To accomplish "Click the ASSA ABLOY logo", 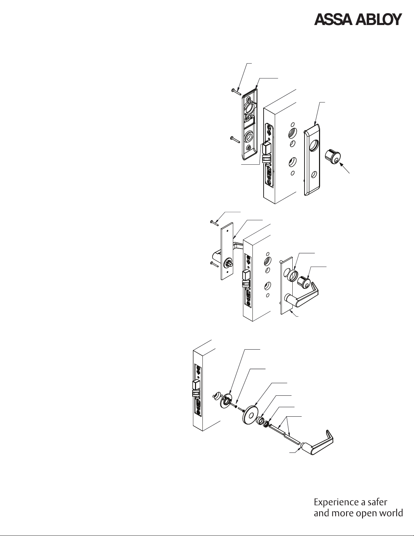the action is (x=358, y=20).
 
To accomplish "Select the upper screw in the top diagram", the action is (x=236, y=92).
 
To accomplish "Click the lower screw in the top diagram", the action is (x=235, y=139).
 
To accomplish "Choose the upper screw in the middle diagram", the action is (x=215, y=223).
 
